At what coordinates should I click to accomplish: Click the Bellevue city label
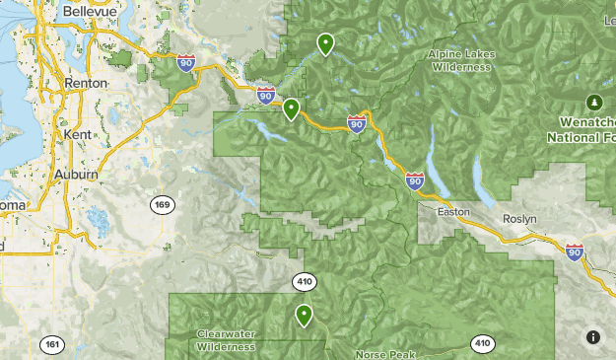pos(84,11)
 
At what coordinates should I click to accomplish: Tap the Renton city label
pos(85,84)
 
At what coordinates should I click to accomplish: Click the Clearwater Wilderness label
pos(226,339)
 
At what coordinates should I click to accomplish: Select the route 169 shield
pos(164,205)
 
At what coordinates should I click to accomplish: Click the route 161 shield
pos(52,345)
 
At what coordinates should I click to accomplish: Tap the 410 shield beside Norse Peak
pos(481,343)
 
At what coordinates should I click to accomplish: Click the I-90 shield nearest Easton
pos(415,181)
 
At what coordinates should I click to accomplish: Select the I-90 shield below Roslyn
pos(574,252)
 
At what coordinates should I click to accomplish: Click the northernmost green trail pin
pos(325,43)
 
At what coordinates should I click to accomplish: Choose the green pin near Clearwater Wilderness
pos(304,316)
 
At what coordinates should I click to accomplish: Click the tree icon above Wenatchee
pos(593,102)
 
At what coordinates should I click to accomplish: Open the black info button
pos(592,337)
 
